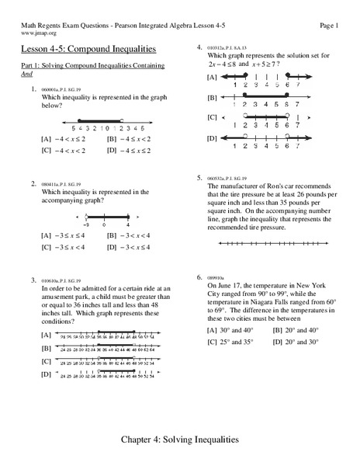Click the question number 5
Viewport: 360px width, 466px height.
tap(199, 177)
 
